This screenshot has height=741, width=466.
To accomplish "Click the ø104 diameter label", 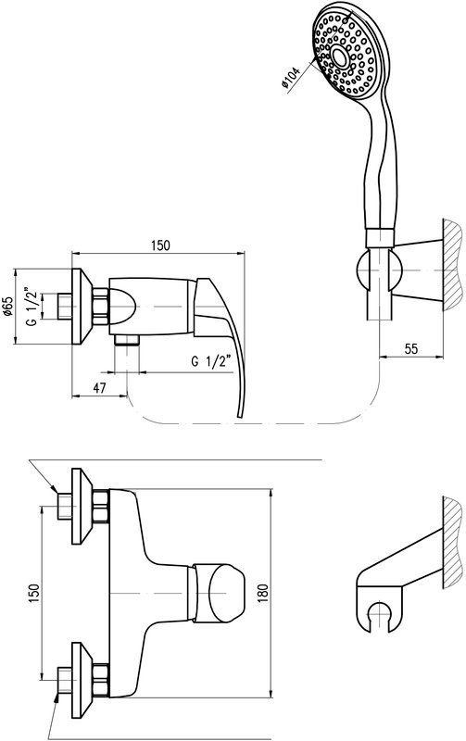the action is coord(291,79).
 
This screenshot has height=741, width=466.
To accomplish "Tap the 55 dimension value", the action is coord(411,348).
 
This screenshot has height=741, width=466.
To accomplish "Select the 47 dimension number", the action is coord(99,388).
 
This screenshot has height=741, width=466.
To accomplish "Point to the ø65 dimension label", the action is coord(6,307).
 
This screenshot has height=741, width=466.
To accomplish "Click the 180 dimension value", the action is coord(263,593).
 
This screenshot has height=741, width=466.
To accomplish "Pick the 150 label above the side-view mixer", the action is coord(160,245).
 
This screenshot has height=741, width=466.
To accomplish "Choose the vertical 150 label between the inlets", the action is coord(33,593).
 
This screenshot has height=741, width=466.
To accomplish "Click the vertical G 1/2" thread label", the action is coord(31,306).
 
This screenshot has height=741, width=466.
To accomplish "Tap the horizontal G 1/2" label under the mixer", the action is coord(211,361).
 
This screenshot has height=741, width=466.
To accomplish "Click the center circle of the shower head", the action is coord(339,57).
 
